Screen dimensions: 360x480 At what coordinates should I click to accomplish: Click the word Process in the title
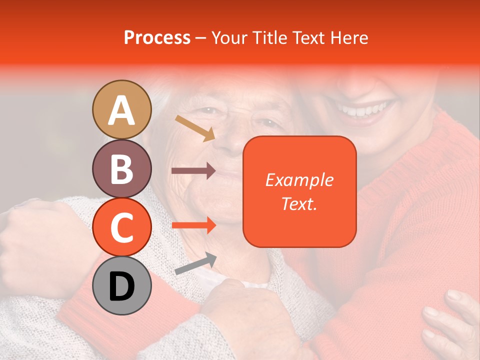click(x=157, y=38)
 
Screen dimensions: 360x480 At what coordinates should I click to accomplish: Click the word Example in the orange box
click(x=299, y=180)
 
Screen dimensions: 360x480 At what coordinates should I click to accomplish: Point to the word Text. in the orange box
click(x=299, y=203)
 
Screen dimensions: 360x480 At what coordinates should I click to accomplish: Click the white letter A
click(x=122, y=110)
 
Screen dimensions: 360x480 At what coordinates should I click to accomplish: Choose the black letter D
click(x=122, y=286)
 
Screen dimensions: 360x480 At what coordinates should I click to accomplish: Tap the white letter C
click(x=122, y=228)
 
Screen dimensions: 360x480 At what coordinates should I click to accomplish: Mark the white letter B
click(x=122, y=169)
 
